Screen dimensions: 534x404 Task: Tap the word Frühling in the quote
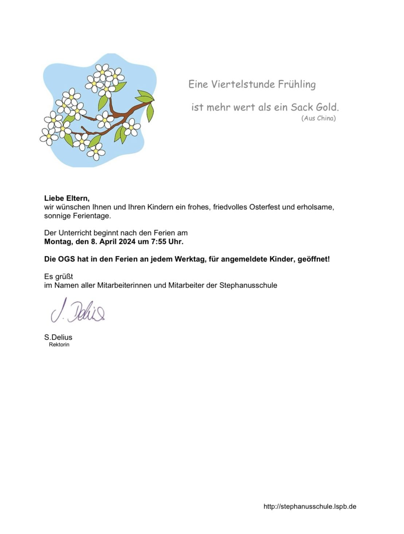click(x=297, y=85)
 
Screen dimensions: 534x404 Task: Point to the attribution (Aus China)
click(x=318, y=118)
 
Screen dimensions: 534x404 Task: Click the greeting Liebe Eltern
click(x=66, y=198)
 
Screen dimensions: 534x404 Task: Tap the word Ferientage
click(x=91, y=216)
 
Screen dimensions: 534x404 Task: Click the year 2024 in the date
click(x=127, y=241)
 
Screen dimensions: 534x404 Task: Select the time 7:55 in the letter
click(x=159, y=241)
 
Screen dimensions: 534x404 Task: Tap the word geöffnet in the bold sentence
click(x=313, y=259)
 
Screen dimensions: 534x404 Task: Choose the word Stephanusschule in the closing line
click(x=248, y=285)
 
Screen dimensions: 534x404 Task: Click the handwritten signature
click(x=78, y=311)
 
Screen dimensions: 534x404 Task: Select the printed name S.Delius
click(x=58, y=337)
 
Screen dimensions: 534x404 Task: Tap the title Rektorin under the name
click(x=59, y=345)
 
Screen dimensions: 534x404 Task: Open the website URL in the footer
click(x=310, y=506)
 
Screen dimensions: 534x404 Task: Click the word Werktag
click(x=191, y=259)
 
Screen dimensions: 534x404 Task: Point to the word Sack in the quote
click(x=299, y=107)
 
